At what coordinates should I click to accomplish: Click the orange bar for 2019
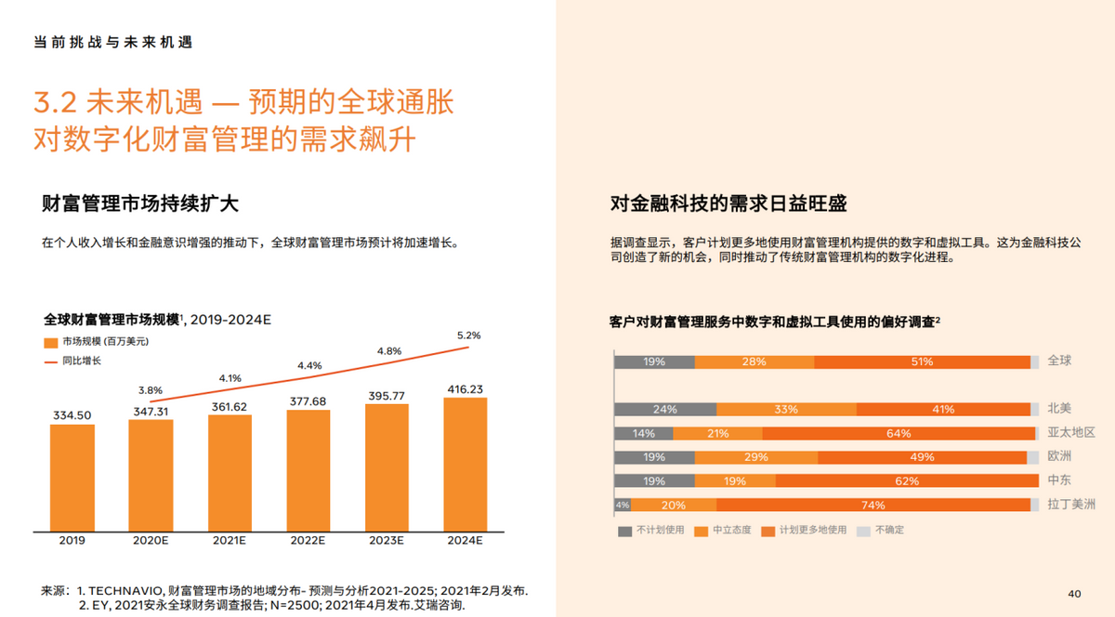72,478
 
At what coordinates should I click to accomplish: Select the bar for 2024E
466,465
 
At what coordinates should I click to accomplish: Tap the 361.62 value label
230,407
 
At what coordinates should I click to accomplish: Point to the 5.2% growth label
469,335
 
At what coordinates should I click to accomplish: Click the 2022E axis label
308,541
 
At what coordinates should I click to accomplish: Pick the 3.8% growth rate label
151,390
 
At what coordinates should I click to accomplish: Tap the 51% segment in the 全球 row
922,361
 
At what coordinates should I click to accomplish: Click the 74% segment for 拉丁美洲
872,505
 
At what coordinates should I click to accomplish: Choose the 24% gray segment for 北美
664,409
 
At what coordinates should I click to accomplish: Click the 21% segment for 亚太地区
717,433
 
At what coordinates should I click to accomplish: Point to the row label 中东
1058,480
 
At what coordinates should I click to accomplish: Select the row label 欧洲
1058,456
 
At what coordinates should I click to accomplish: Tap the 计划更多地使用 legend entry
812,530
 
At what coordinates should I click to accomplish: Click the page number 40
1074,593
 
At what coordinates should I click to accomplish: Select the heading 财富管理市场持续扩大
134,203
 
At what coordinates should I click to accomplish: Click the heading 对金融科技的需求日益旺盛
728,203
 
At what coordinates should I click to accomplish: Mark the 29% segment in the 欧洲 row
755,457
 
